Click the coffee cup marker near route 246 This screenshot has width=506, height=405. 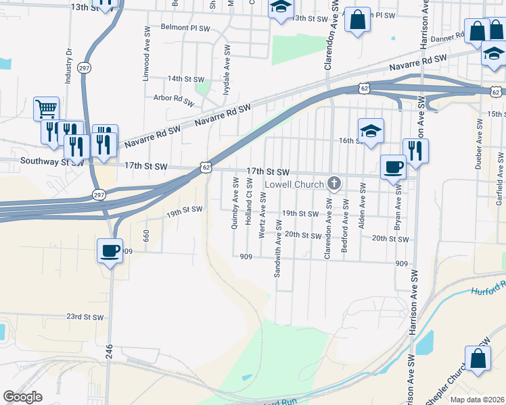[110, 251]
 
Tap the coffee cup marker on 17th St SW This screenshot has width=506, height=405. [393, 167]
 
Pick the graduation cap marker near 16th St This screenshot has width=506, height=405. [371, 130]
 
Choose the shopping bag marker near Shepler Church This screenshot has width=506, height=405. [478, 358]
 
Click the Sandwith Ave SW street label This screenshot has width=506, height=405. [278, 248]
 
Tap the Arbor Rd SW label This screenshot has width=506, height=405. [174, 98]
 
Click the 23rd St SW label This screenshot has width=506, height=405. [85, 317]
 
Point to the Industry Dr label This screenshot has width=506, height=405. [68, 65]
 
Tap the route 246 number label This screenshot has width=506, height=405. [109, 351]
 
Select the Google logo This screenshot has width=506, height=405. [22, 396]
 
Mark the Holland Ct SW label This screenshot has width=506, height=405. [248, 202]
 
